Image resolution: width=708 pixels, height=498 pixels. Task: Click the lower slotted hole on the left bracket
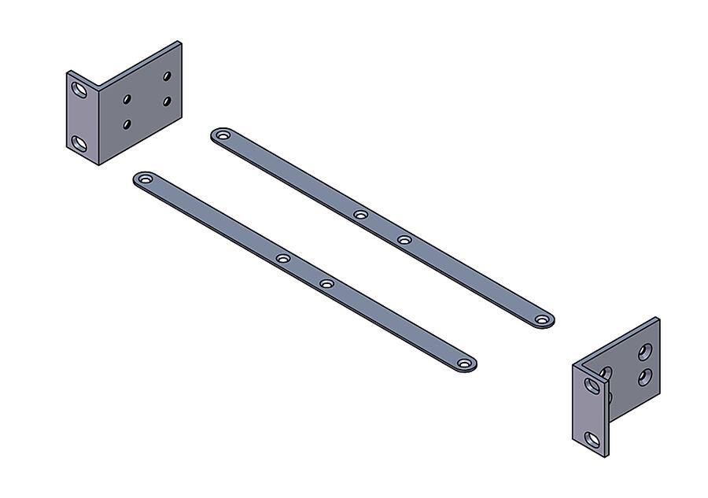click(79, 142)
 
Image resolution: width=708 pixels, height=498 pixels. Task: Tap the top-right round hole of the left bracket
click(167, 76)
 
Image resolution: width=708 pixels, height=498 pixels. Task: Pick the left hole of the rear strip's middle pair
click(360, 214)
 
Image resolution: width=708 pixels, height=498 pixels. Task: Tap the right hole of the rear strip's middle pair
click(404, 239)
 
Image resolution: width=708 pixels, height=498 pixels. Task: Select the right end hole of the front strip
click(464, 364)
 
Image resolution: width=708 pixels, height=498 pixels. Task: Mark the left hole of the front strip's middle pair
click(283, 258)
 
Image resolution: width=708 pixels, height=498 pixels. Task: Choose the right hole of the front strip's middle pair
click(326, 283)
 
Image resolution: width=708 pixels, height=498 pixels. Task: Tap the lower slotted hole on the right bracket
click(592, 437)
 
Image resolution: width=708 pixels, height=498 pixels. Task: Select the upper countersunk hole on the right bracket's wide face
click(646, 351)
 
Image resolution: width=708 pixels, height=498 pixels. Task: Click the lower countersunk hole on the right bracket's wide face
click(645, 378)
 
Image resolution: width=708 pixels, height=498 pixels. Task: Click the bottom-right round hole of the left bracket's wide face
click(167, 101)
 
